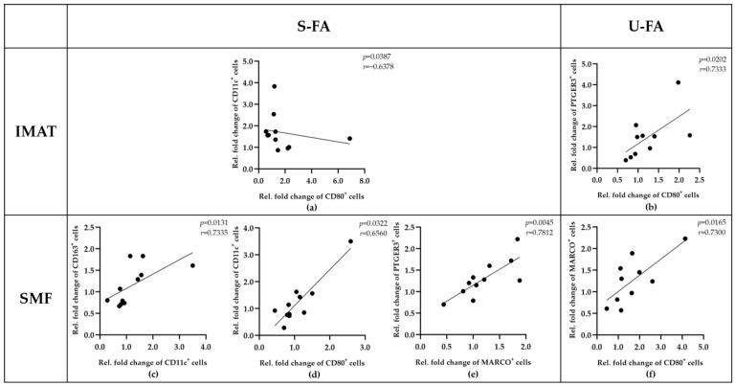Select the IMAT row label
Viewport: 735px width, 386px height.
(33, 131)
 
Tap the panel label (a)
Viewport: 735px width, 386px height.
(313, 207)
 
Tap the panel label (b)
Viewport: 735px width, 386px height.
(645, 207)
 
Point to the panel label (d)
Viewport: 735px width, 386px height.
(312, 374)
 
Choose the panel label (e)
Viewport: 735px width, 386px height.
(477, 374)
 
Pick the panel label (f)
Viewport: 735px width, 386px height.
(645, 374)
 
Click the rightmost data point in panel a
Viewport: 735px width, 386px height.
(350, 138)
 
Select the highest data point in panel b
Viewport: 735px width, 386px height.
(679, 82)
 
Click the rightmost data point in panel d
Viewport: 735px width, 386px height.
(350, 241)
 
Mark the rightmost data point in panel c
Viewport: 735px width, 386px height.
(192, 265)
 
